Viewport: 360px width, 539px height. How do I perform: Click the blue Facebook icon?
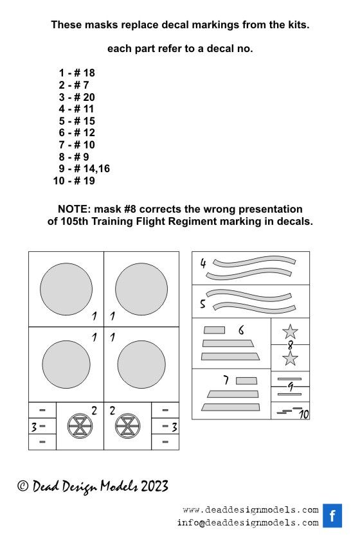click(x=332, y=515)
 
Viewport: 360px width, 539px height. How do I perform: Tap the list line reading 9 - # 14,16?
click(x=84, y=168)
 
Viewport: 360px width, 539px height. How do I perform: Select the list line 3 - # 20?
click(x=76, y=97)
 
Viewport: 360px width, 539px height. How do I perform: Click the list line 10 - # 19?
click(x=74, y=181)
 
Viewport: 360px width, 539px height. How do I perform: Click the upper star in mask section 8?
click(x=290, y=331)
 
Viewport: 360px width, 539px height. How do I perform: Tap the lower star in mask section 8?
click(x=290, y=358)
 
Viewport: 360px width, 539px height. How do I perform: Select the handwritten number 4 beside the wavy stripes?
click(x=203, y=263)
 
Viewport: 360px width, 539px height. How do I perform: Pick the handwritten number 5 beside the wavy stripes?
click(x=203, y=304)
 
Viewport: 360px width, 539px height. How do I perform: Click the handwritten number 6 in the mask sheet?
click(x=241, y=330)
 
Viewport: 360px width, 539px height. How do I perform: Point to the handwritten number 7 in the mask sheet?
click(x=226, y=380)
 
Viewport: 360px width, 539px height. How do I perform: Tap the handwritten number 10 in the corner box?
click(x=303, y=414)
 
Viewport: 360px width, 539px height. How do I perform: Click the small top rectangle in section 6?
click(x=214, y=330)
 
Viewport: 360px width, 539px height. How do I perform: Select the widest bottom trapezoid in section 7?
click(x=230, y=407)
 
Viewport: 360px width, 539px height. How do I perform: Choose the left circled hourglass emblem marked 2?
click(x=80, y=426)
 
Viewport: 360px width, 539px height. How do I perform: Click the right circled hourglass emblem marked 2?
click(x=127, y=426)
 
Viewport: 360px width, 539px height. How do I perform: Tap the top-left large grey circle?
click(x=66, y=289)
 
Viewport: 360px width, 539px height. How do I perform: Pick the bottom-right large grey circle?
click(x=141, y=364)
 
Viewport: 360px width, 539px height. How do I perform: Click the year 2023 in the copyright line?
click(x=154, y=486)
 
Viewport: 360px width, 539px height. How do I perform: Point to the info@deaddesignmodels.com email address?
click(x=248, y=523)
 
